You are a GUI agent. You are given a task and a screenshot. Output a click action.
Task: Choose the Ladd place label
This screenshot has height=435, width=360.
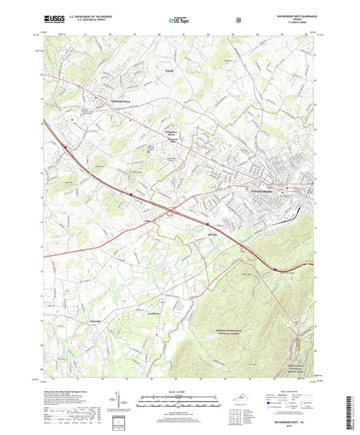147,220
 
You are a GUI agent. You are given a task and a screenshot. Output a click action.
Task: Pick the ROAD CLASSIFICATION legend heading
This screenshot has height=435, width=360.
297,390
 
